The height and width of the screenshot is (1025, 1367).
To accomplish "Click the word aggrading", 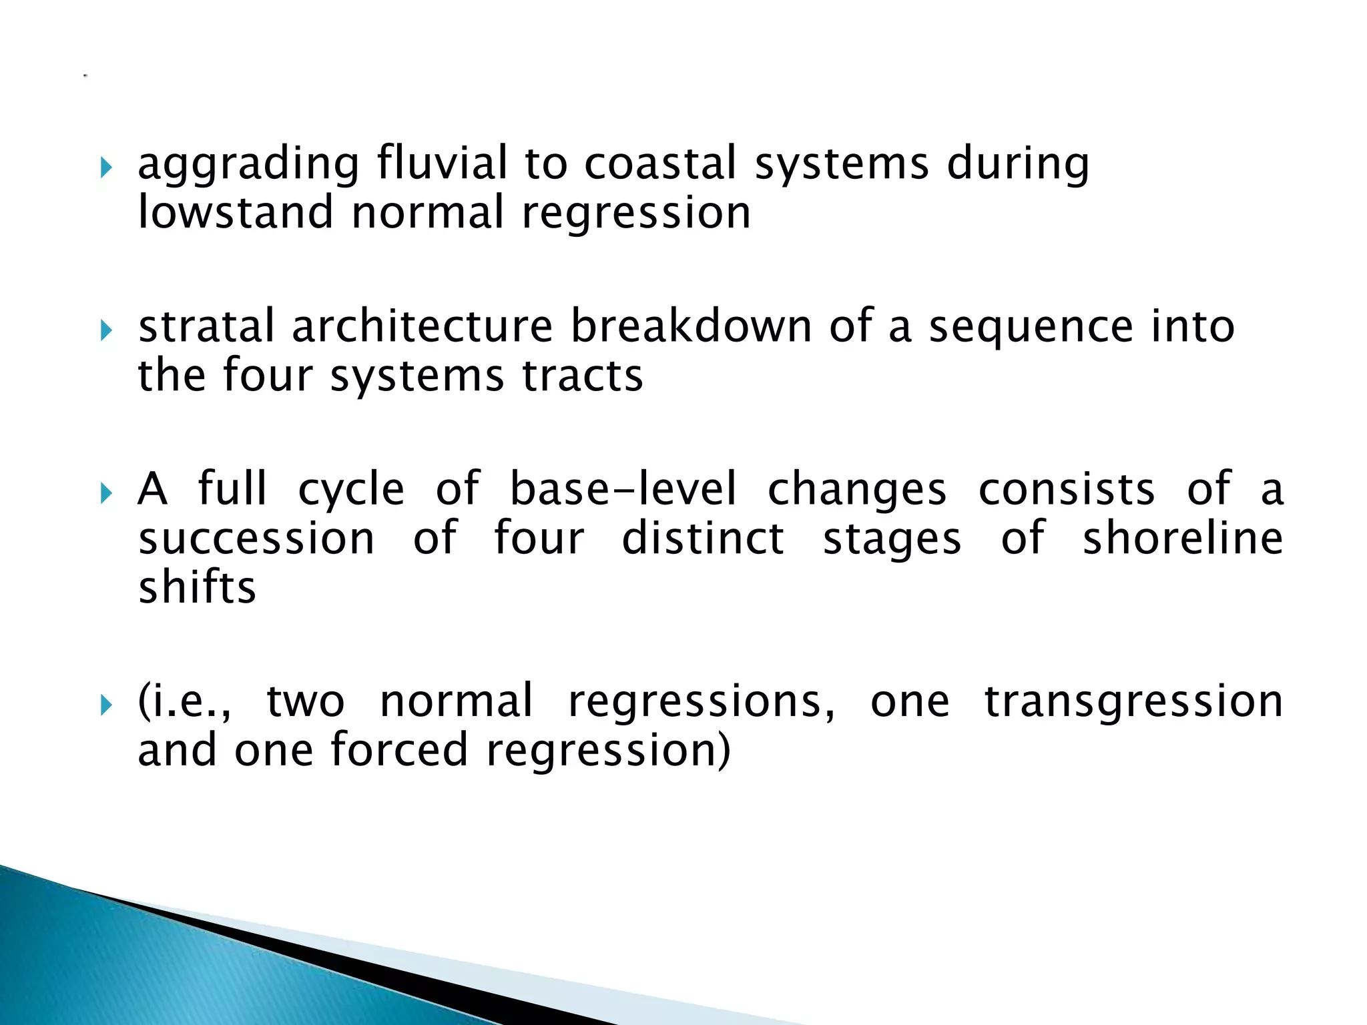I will tap(248, 165).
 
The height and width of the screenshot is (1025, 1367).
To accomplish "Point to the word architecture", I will tap(422, 326).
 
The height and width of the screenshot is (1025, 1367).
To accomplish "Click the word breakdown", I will tap(691, 326).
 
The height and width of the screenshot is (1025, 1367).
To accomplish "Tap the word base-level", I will tap(623, 488).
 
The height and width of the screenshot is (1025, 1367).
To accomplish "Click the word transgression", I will tap(1133, 702).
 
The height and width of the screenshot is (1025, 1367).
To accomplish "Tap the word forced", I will tap(399, 750).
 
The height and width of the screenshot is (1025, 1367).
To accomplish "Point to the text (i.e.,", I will tap(185, 702).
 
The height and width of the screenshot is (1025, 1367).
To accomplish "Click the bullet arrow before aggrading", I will tap(106, 167).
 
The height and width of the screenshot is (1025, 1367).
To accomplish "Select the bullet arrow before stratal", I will tap(106, 330).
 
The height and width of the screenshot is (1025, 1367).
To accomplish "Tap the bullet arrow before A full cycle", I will tap(106, 494).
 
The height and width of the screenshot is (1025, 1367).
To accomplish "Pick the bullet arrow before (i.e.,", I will tap(106, 705).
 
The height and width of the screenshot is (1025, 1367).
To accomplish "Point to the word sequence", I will tap(1031, 328).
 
